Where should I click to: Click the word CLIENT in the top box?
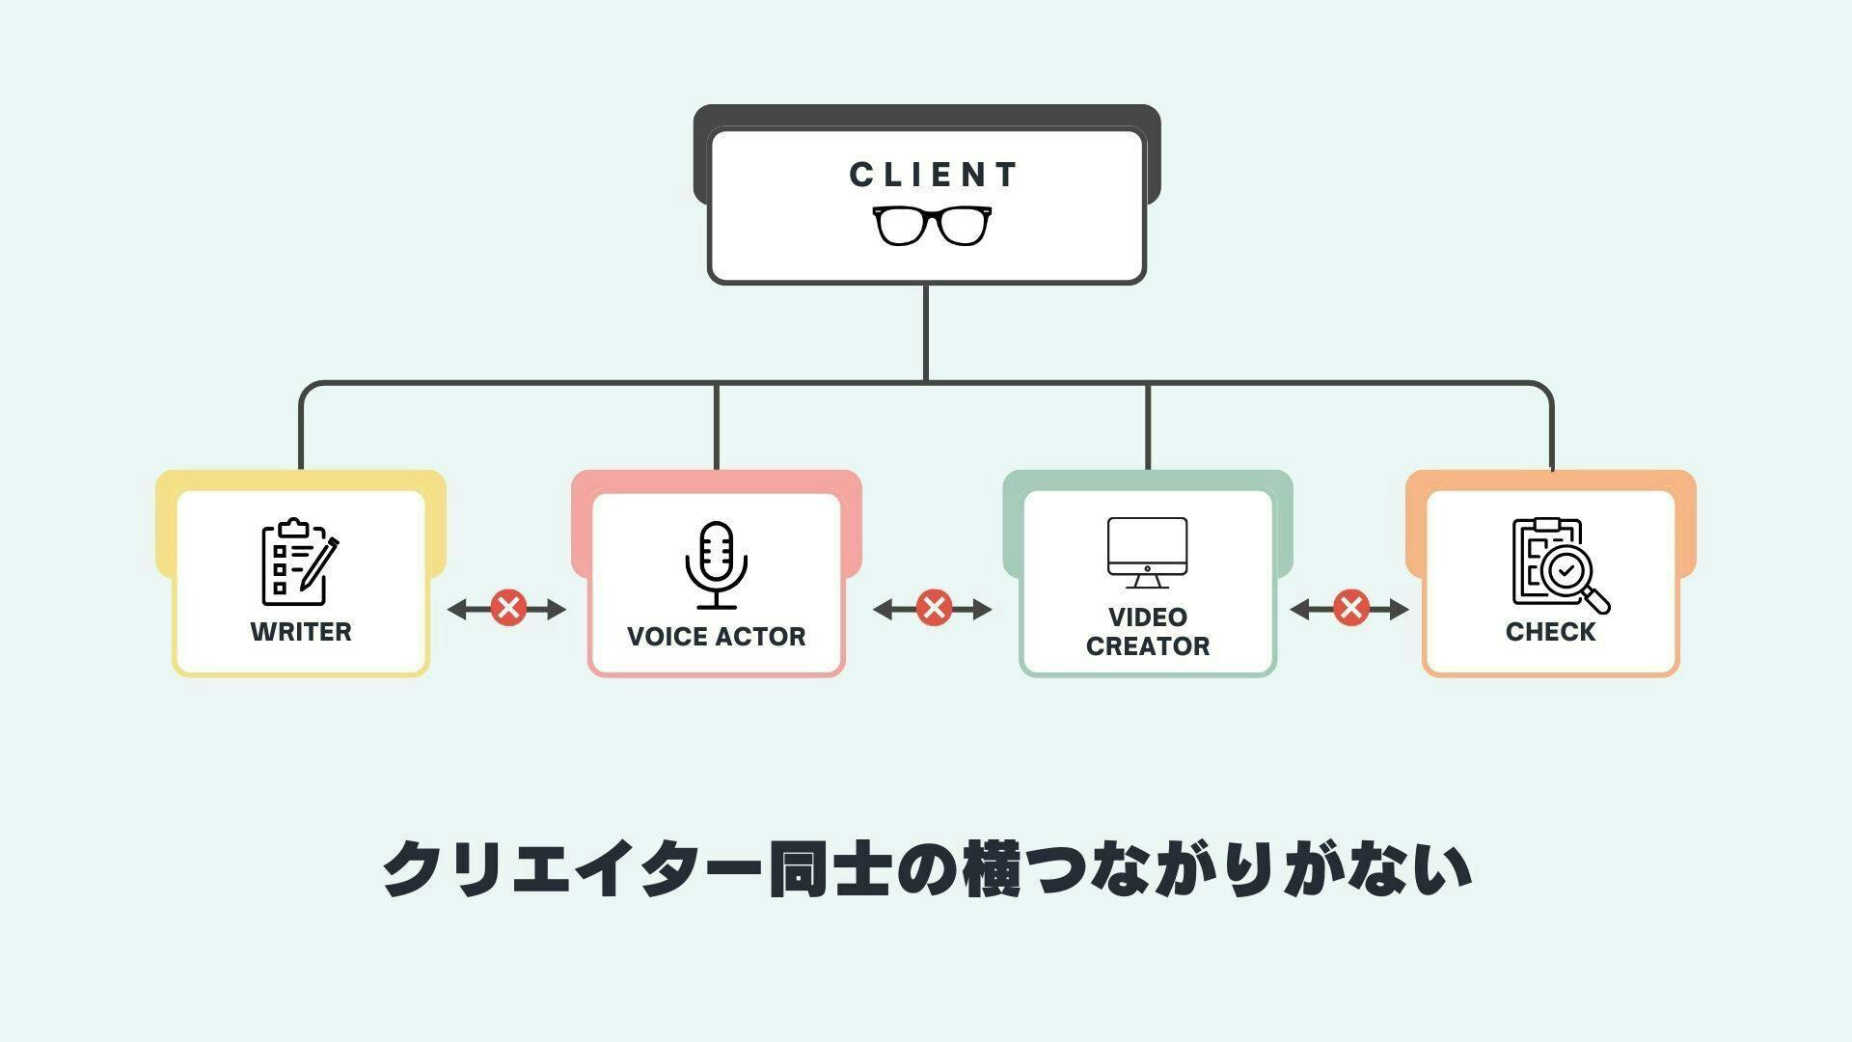click(x=933, y=176)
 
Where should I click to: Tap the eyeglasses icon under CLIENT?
click(x=932, y=226)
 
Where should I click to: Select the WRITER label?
click(x=301, y=632)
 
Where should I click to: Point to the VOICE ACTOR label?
click(x=716, y=637)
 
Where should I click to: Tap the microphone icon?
click(x=716, y=565)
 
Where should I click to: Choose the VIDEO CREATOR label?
click(x=1148, y=632)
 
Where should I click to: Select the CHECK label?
click(x=1550, y=632)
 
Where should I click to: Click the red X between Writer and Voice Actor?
click(x=508, y=609)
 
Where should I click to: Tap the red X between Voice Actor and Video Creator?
click(x=933, y=609)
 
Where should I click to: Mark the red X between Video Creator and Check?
click(x=1351, y=608)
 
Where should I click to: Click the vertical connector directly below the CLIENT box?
click(x=926, y=332)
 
